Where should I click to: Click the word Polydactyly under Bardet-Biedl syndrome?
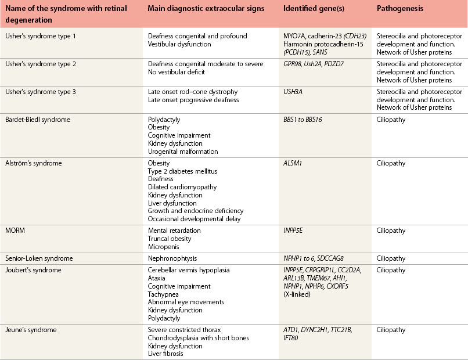164,119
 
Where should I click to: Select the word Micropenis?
163,247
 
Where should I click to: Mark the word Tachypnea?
163,294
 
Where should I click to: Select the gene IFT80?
291,338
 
